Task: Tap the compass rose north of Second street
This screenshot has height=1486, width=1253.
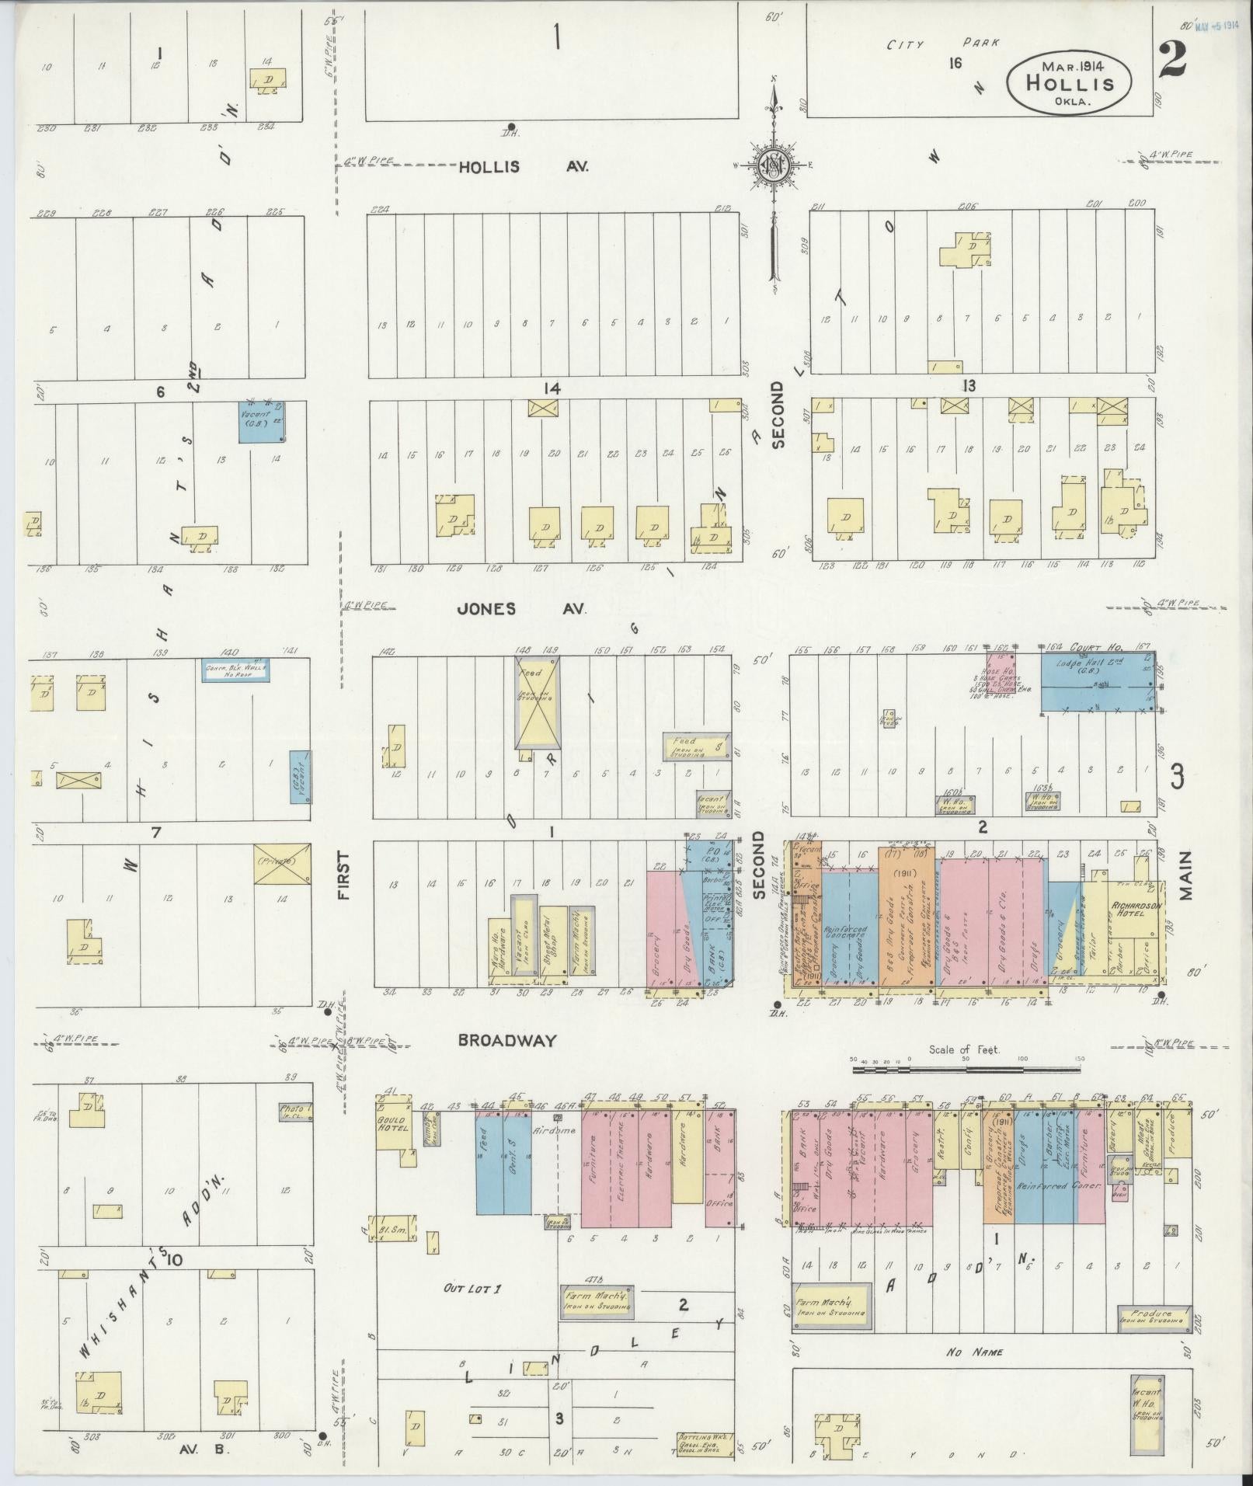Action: click(774, 165)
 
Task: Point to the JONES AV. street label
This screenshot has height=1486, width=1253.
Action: click(520, 609)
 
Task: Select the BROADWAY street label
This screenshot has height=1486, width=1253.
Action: click(506, 1040)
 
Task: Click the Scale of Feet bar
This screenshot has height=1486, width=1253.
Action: click(968, 1070)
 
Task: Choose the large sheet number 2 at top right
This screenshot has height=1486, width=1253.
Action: click(1172, 60)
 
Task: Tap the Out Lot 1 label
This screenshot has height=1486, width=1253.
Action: click(472, 1289)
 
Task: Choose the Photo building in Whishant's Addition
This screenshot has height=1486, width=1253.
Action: click(296, 1111)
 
